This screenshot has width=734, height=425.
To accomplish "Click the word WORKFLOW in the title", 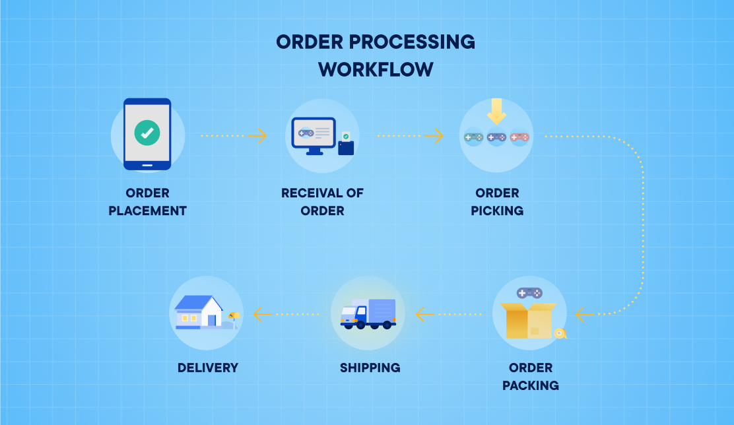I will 376,69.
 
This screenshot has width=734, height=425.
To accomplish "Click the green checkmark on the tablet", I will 147,133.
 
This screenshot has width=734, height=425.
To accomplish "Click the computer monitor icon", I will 314,134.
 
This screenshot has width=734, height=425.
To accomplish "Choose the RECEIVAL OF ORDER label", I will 322,202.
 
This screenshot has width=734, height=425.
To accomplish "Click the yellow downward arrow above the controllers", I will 496,111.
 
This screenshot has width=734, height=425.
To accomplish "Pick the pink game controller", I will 519,137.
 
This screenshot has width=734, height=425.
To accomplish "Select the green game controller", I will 473,137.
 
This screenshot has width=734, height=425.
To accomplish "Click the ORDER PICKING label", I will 497,202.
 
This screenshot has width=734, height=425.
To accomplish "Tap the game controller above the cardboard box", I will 529,292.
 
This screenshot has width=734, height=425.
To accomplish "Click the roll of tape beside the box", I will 560,333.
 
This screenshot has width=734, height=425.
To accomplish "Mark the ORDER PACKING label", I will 530,376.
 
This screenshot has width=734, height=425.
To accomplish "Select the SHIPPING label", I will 370,368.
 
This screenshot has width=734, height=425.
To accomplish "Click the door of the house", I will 211,320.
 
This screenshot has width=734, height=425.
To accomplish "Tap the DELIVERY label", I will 207,368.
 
